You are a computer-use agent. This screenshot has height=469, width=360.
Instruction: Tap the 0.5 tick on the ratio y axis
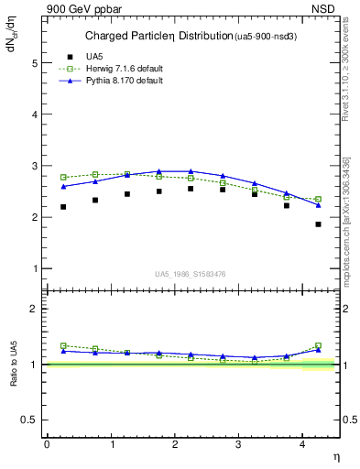[34, 419]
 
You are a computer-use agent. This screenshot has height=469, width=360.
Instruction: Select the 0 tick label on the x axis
[47, 443]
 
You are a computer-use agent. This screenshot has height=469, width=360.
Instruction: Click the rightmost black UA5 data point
[319, 224]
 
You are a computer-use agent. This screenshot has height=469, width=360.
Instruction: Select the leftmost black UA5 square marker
[63, 207]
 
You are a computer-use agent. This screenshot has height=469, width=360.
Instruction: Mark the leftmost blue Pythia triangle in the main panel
[63, 186]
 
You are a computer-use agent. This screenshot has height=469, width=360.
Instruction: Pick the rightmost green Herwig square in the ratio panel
[319, 345]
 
